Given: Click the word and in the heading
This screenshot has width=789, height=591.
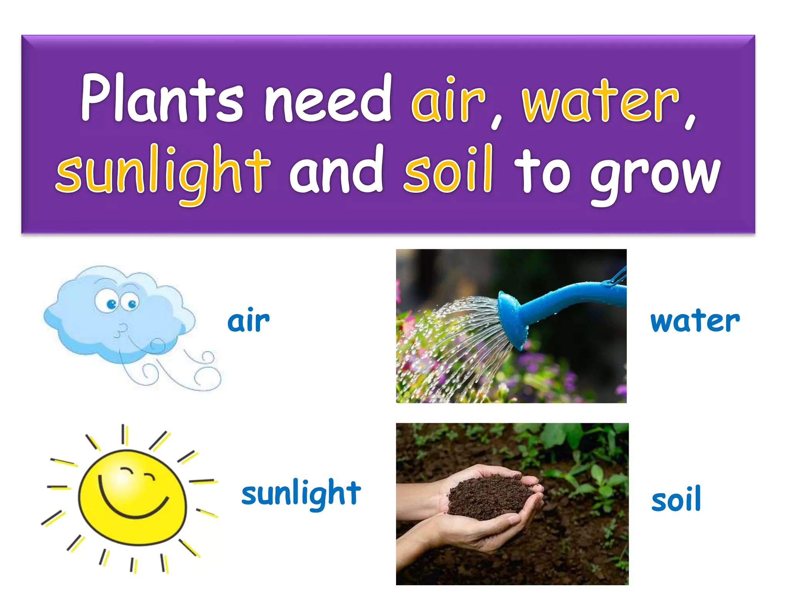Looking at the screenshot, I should [336, 171].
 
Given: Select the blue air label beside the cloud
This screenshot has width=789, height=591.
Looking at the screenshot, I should [248, 321].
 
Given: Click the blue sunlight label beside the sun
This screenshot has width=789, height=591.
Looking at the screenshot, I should [301, 494].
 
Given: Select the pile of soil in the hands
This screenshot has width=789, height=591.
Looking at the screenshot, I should [489, 496].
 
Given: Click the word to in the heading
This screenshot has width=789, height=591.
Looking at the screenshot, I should [542, 172].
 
